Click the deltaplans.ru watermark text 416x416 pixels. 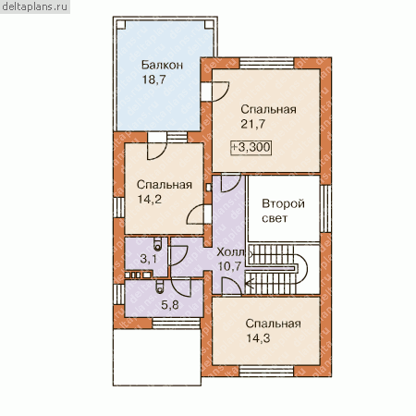pyautogui.click(x=34, y=6)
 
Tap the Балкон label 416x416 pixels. pyautogui.click(x=162, y=65)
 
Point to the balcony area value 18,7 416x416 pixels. pyautogui.click(x=153, y=80)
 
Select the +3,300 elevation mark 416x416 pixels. pyautogui.click(x=251, y=147)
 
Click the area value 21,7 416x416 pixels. pyautogui.click(x=252, y=124)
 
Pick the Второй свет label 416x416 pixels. pyautogui.click(x=283, y=211)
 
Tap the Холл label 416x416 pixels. pyautogui.click(x=230, y=252)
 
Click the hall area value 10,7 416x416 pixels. pyautogui.click(x=229, y=266)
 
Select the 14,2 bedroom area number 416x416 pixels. pyautogui.click(x=150, y=200)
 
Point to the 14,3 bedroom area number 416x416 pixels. pyautogui.click(x=258, y=338)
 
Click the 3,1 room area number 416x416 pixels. pyautogui.click(x=149, y=259)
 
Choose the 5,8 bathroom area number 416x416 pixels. pyautogui.click(x=170, y=305)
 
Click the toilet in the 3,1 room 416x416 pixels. pyautogui.click(x=158, y=243)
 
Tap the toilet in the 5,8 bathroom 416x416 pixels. pyautogui.click(x=160, y=287)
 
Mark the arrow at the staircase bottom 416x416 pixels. pyautogui.click(x=250, y=283)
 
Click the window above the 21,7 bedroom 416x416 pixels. pyautogui.click(x=267, y=63)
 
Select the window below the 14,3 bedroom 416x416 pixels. pyautogui.click(x=266, y=371)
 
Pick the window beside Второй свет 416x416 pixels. pyautogui.click(x=325, y=209)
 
